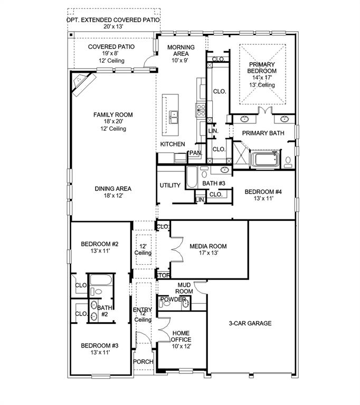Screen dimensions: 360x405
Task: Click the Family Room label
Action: [x=113, y=114]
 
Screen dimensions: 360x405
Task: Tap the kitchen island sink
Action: [x=174, y=117]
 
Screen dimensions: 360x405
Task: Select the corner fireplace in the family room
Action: [x=83, y=83]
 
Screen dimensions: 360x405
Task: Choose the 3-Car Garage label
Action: [x=250, y=323]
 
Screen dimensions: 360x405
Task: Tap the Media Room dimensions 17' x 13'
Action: [x=209, y=253]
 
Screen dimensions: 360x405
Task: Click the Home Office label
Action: [x=181, y=336]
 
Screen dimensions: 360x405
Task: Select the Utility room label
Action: [x=170, y=185]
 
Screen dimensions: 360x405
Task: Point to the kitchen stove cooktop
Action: [x=201, y=110]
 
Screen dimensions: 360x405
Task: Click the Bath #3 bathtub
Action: [x=192, y=177]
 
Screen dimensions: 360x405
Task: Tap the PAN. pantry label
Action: [x=196, y=153]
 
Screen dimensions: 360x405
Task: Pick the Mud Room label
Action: [x=184, y=288]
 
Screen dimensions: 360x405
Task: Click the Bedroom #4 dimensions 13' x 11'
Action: [x=263, y=198]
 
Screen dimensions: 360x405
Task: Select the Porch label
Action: [x=143, y=362]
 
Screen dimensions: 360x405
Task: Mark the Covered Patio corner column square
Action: [x=71, y=34]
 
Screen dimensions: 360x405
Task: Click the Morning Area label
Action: [x=181, y=51]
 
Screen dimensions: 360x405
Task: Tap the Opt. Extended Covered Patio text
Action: [x=113, y=20]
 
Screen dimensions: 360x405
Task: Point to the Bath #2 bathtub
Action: [x=101, y=280]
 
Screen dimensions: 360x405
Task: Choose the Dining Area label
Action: [x=113, y=189]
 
